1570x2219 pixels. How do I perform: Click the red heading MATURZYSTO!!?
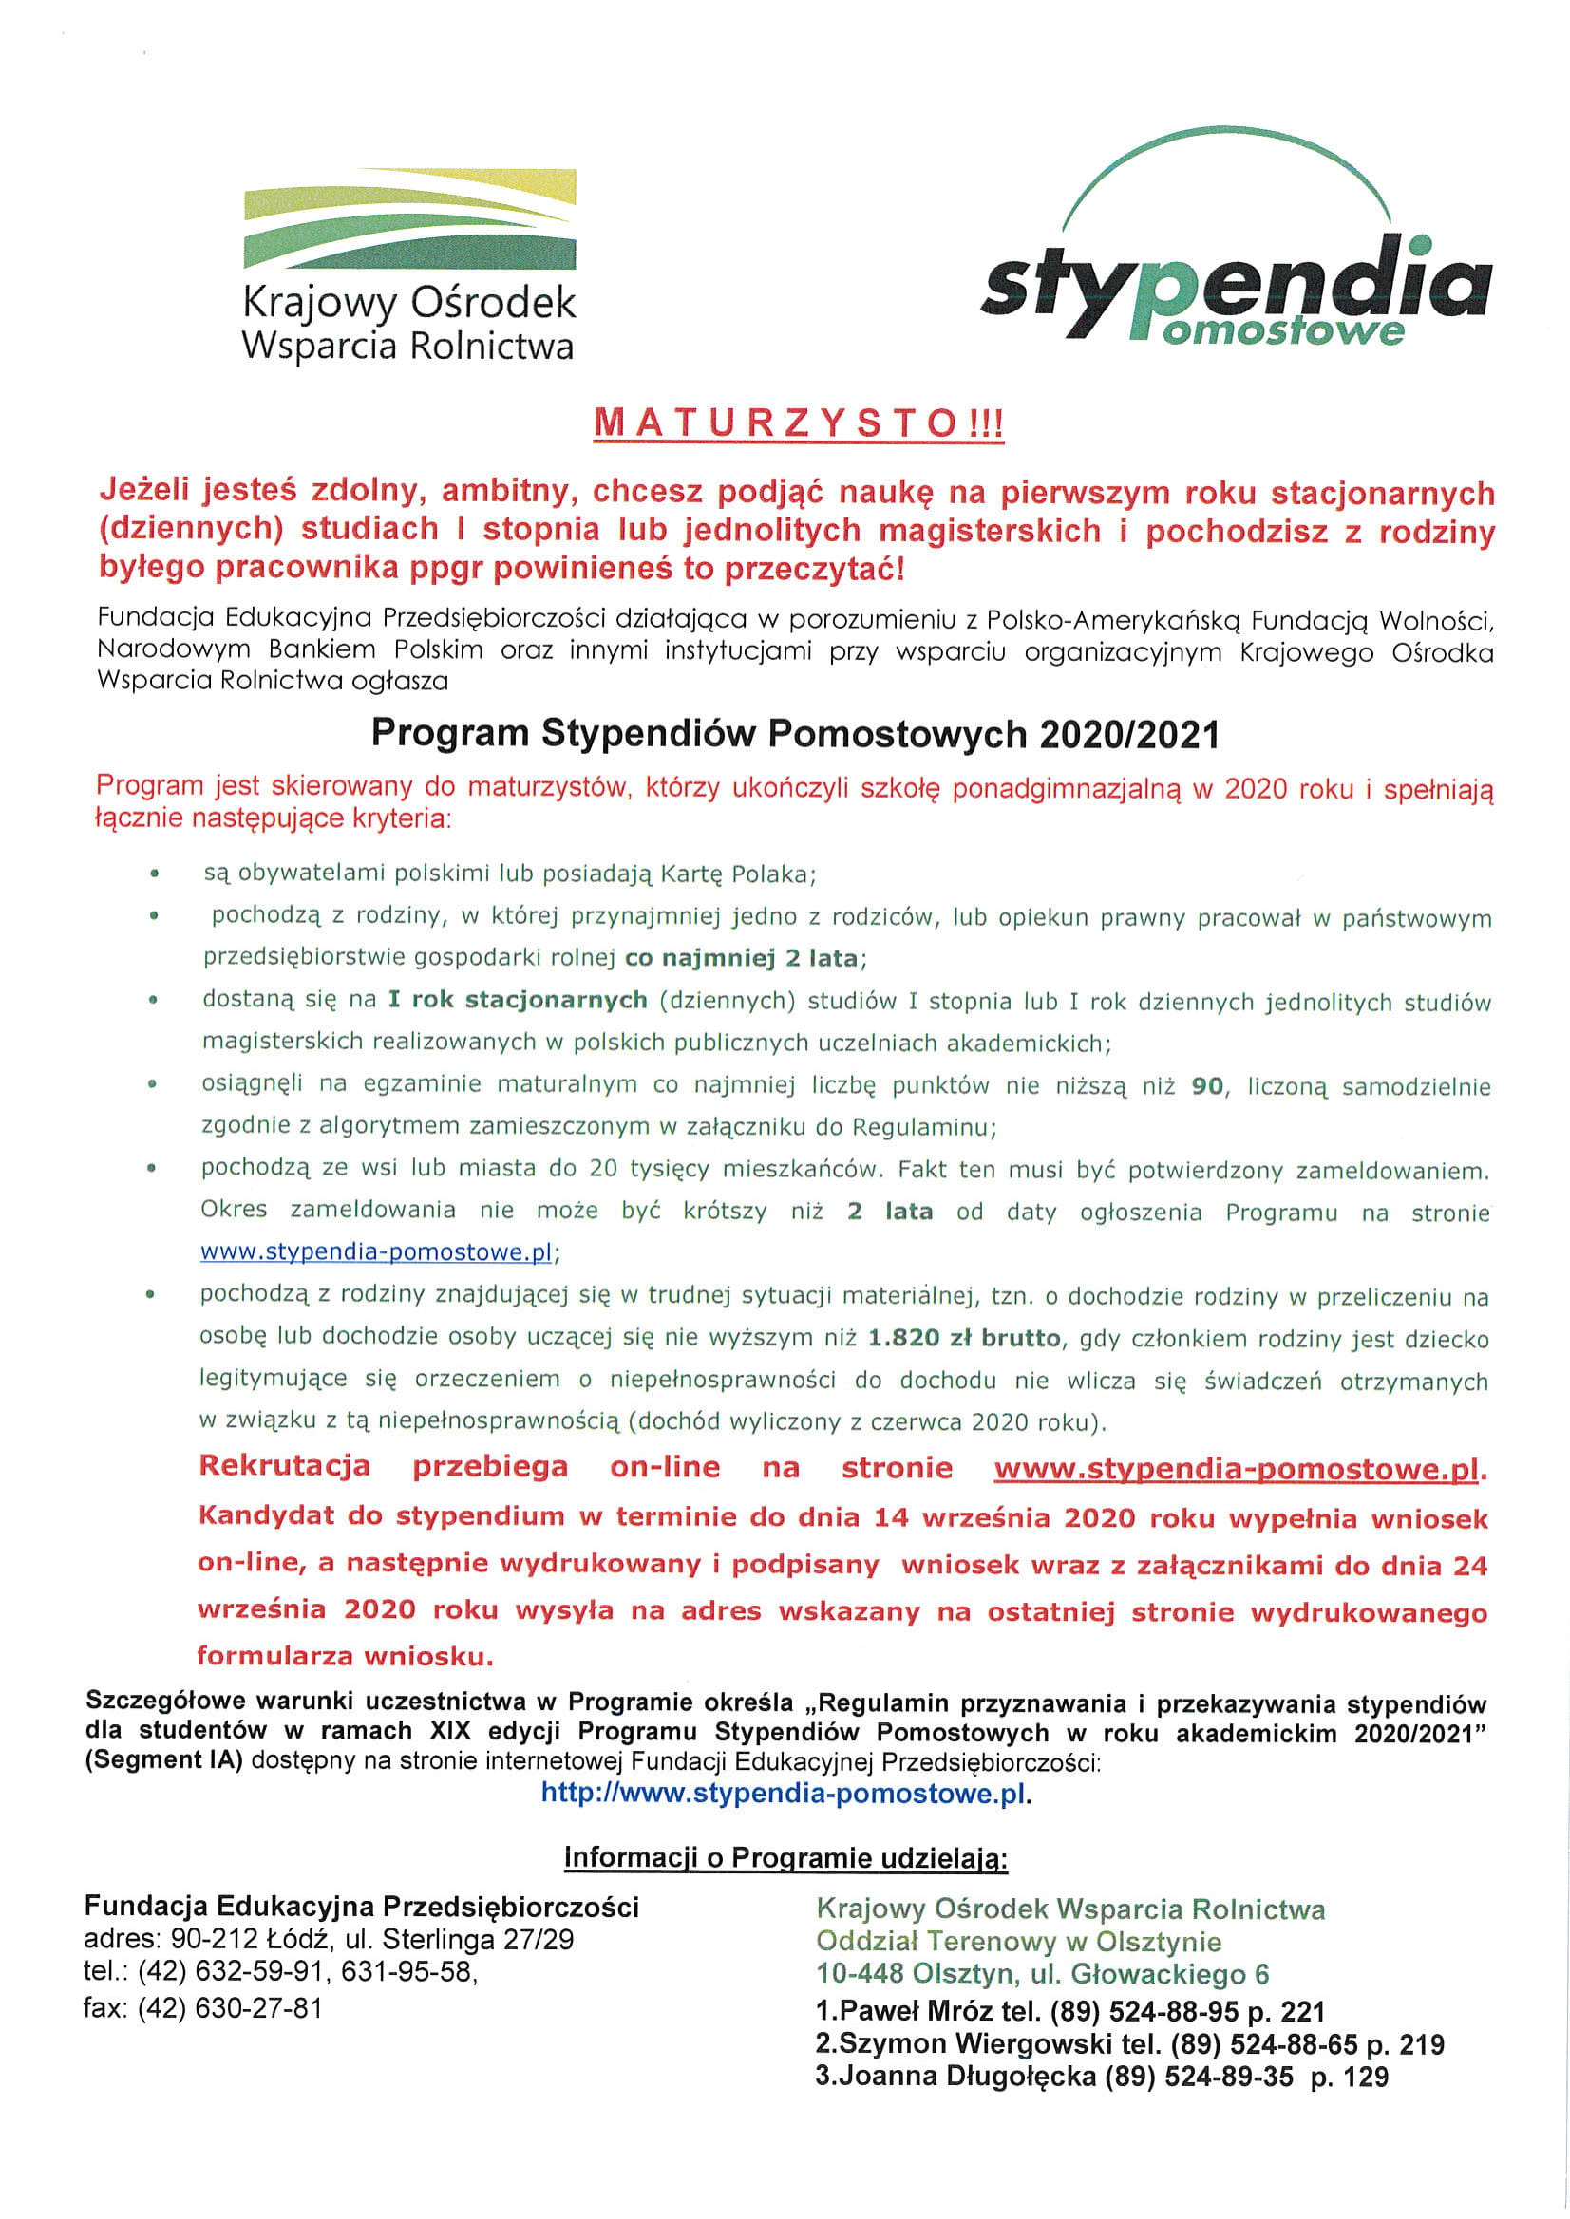pyautogui.click(x=799, y=424)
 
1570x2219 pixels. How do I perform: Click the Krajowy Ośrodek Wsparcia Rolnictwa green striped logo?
pyautogui.click(x=410, y=219)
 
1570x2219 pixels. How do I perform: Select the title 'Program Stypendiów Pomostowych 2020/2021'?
pyautogui.click(x=795, y=735)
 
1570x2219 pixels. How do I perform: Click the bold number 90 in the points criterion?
pyautogui.click(x=1207, y=1086)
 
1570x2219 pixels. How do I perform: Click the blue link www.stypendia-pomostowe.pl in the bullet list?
pyautogui.click(x=376, y=1252)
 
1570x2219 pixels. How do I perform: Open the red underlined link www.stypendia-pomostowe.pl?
pyautogui.click(x=1237, y=1469)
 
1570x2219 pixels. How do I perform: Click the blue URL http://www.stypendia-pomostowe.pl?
pyautogui.click(x=782, y=1794)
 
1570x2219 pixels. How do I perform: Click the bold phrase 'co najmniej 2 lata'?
pyautogui.click(x=742, y=959)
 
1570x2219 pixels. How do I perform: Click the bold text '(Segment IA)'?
pyautogui.click(x=164, y=1760)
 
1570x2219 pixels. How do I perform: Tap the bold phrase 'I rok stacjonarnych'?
pyautogui.click(x=518, y=1000)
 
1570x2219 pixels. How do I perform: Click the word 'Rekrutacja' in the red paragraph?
pyautogui.click(x=284, y=1466)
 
